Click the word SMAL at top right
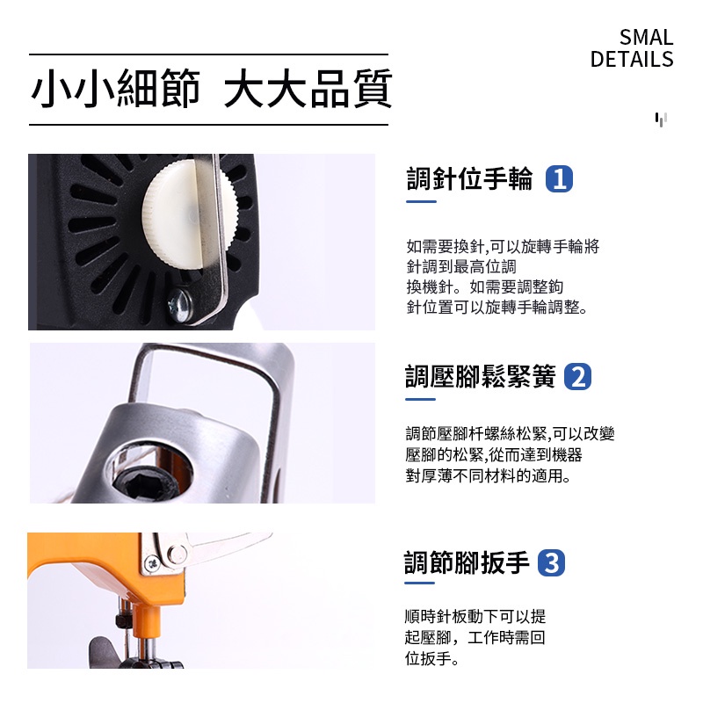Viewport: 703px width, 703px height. (x=646, y=37)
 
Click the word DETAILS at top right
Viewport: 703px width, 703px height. (x=632, y=59)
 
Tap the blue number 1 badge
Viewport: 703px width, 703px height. (x=559, y=179)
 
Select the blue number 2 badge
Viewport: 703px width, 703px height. (x=577, y=377)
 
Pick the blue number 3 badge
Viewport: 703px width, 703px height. (x=551, y=562)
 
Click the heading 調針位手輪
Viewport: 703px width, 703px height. (x=470, y=178)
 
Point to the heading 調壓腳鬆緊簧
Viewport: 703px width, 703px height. (x=480, y=376)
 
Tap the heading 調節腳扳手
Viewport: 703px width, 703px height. (x=467, y=562)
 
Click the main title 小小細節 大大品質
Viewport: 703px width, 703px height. (x=211, y=89)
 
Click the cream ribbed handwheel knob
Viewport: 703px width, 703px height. (x=189, y=216)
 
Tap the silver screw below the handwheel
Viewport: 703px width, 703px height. (x=180, y=305)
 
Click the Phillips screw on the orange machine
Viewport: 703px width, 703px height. (x=152, y=563)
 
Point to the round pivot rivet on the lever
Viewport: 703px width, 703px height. (x=178, y=554)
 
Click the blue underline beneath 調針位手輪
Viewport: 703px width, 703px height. (x=421, y=202)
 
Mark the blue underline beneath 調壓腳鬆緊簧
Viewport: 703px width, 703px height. (x=420, y=399)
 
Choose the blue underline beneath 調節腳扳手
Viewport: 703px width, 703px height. (x=419, y=583)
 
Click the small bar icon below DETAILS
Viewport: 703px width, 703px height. (x=661, y=120)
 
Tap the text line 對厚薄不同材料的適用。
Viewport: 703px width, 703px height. (x=488, y=475)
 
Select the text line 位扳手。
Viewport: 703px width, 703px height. (x=431, y=658)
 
